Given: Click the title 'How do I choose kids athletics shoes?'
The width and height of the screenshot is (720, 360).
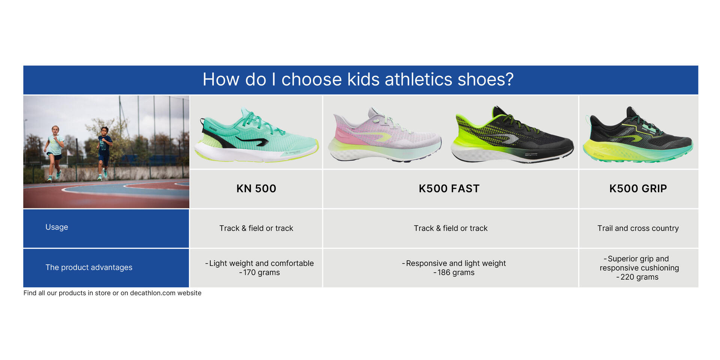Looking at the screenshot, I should [358, 79].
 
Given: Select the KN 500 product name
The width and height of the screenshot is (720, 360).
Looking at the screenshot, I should [256, 189].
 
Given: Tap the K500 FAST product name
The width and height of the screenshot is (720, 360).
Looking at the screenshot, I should [449, 189].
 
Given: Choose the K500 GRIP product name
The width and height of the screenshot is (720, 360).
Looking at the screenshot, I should [638, 189].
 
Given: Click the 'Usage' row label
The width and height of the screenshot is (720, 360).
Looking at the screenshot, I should [57, 227].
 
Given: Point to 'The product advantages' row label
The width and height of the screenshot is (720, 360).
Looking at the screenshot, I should [89, 267].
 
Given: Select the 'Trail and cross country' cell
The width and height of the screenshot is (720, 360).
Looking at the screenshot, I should [638, 228].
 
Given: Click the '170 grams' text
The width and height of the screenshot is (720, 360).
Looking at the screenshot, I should [261, 273].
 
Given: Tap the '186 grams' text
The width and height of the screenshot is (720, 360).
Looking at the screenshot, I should [456, 273].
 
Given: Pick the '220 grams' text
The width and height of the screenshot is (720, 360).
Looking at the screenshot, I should [639, 277].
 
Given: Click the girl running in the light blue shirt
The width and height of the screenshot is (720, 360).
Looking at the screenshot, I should [55, 152].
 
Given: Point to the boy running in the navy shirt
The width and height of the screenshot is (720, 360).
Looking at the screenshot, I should [104, 152].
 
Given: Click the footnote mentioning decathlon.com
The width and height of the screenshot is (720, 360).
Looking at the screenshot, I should [112, 293].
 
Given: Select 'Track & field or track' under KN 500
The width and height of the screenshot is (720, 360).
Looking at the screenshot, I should [256, 228].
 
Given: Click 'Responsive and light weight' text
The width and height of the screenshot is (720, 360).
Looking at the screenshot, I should [456, 263].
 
